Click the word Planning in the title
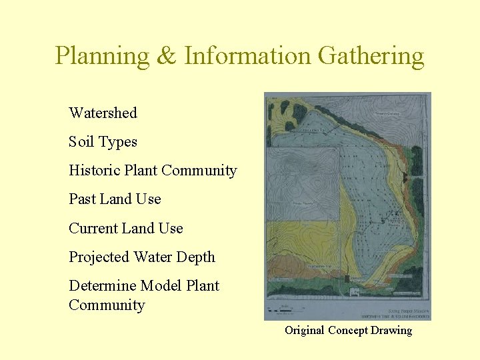point(102,56)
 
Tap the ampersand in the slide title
point(166,56)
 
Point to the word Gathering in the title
point(371,56)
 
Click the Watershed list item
point(103,113)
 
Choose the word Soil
point(81,141)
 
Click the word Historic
point(94,170)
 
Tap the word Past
point(82,199)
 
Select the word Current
point(94,228)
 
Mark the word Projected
point(99,257)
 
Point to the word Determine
point(101,285)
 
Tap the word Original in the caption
point(304,330)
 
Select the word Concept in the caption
point(347,330)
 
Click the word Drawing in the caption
point(391,330)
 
